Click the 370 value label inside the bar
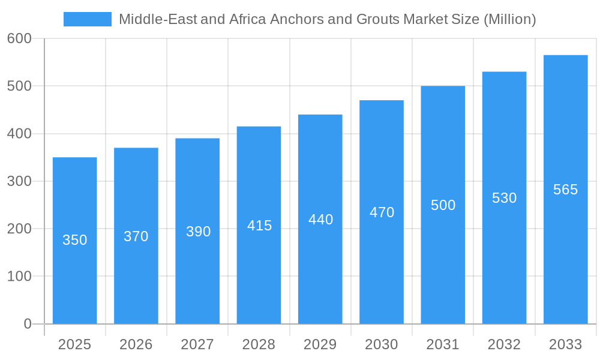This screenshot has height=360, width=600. point(136,236)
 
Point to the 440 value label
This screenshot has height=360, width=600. point(320,220)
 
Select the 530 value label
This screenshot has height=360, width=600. point(504,198)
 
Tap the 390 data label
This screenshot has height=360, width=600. point(198,232)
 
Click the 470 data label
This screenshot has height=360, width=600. point(382,212)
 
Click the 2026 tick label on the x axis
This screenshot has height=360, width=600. point(136,344)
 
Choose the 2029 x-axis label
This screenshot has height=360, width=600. point(320,344)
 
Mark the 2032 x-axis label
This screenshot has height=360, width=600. point(504,344)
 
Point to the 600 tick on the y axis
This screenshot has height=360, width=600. point(19,38)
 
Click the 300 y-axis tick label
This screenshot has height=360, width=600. point(19,181)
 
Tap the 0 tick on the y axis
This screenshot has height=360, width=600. point(28,324)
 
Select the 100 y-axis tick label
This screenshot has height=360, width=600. point(19,277)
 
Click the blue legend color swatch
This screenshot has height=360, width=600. point(88,19)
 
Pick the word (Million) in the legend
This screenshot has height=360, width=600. point(509,19)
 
